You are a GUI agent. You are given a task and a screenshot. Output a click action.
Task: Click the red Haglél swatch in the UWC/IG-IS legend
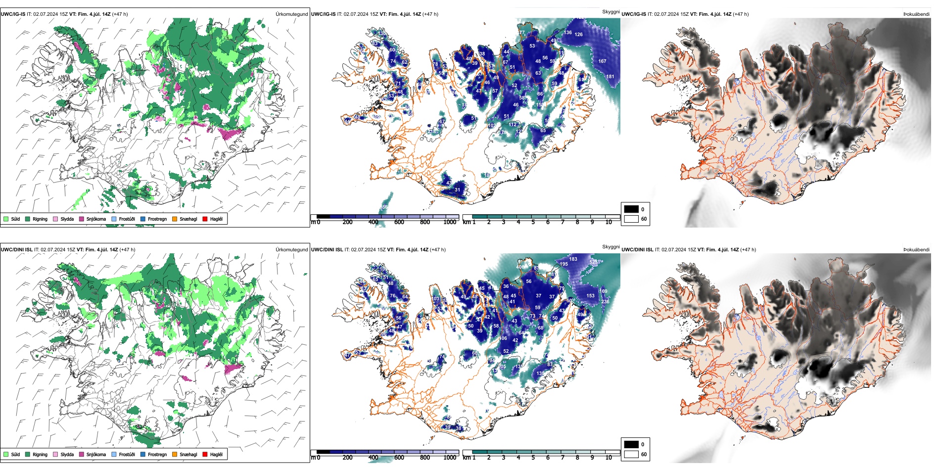click(205, 219)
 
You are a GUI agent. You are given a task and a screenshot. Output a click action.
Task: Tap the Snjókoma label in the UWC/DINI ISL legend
click(96, 454)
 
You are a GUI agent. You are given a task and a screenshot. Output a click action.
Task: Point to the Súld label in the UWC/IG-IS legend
click(15, 219)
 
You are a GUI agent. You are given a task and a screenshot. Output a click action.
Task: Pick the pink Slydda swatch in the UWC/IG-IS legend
click(55, 219)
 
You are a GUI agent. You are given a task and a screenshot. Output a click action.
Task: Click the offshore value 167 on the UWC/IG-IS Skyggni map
click(602, 61)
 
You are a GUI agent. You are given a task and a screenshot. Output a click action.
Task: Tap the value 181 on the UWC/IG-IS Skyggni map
click(611, 77)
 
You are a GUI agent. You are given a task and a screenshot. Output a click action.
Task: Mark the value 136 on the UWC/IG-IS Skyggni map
click(568, 33)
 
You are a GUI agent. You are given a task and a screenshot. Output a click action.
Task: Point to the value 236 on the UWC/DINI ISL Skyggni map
click(605, 301)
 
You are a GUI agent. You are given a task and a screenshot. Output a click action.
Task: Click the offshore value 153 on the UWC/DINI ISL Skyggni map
click(591, 296)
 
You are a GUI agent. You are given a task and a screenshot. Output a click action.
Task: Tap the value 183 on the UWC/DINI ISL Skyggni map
click(573, 259)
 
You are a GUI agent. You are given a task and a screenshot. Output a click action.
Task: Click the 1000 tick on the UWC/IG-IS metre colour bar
click(450, 222)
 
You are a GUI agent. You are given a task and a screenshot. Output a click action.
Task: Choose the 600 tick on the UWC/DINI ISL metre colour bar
click(399, 458)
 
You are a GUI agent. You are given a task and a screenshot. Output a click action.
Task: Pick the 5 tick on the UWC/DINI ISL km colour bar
click(533, 458)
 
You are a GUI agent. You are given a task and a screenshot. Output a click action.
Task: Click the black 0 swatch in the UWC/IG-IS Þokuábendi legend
click(631, 209)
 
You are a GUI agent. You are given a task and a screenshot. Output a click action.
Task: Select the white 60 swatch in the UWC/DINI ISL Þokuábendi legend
click(631, 454)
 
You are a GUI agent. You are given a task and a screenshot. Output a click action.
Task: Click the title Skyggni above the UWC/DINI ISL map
click(611, 246)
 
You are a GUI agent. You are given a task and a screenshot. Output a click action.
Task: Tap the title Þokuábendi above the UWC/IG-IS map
click(916, 14)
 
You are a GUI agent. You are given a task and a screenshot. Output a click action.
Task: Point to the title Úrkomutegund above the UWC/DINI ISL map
click(291, 250)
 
